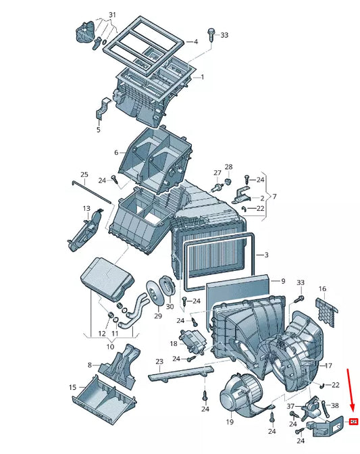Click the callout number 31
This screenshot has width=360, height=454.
click(x=112, y=15)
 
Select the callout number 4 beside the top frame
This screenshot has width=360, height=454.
click(x=195, y=42)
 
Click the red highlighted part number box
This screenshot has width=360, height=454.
click(x=353, y=422)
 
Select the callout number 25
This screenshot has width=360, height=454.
click(x=84, y=175)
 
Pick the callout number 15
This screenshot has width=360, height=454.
click(x=72, y=387)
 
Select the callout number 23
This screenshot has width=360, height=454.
click(x=159, y=361)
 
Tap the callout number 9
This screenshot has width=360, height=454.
click(x=283, y=280)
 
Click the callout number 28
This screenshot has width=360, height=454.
click(x=228, y=167)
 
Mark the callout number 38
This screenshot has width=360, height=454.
click(x=334, y=405)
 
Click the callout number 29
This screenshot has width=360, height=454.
click(x=158, y=316)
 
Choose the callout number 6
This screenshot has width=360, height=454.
click(x=116, y=153)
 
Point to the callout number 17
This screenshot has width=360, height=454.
click(x=328, y=365)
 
